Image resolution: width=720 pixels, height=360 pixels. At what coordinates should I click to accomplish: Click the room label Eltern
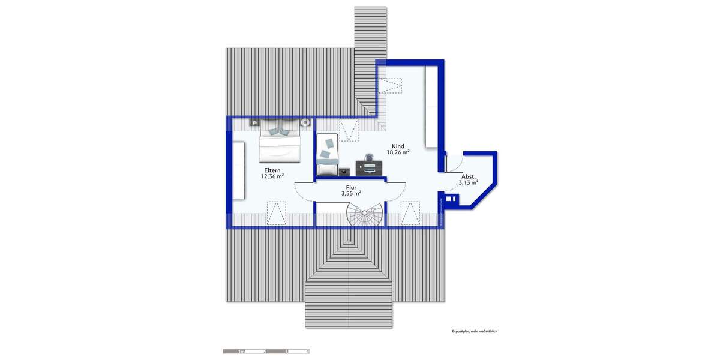pos(271,170)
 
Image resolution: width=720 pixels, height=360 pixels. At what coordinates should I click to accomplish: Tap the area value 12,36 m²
pos(272,176)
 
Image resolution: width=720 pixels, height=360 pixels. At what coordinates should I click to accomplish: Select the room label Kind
pos(398,146)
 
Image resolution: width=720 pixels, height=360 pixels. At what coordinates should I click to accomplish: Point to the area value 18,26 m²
pos(398,152)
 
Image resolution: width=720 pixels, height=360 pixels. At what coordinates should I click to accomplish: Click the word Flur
pos(350,187)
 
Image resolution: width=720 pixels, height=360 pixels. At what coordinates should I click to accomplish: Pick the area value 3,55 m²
pos(351,193)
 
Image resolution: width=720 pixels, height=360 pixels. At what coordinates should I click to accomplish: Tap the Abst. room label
pos(468,176)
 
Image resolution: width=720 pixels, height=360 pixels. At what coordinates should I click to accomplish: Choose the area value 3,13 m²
pos(467,182)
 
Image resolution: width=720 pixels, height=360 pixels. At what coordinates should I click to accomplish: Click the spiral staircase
pos(364,215)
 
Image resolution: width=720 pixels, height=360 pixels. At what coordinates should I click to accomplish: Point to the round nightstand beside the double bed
pos(305,122)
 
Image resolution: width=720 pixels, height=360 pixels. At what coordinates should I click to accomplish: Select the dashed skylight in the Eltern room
pos(275,212)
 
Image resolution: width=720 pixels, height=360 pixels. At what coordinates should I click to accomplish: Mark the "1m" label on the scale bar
pos(241,351)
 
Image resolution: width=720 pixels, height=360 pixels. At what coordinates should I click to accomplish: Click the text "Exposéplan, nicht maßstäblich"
pos(475,331)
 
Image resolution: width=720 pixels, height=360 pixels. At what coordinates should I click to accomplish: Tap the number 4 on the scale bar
pos(308,351)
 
